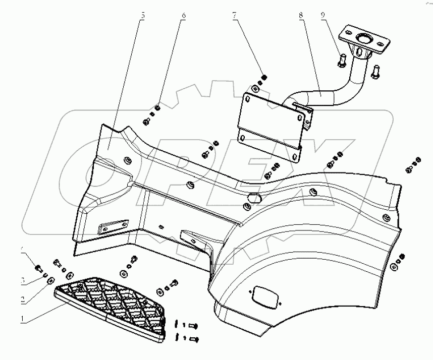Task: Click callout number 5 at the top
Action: [x=143, y=16]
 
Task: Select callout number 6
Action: [x=184, y=16]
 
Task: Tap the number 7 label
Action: [x=235, y=16]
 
